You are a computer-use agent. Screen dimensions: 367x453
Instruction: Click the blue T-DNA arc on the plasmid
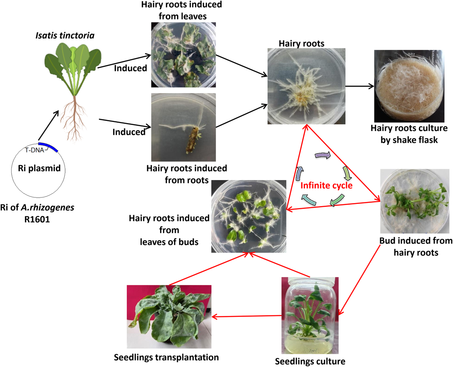point(48,146)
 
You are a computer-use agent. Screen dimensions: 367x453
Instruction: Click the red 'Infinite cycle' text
point(327,186)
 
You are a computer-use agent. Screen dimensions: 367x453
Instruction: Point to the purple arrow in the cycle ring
point(323,154)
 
